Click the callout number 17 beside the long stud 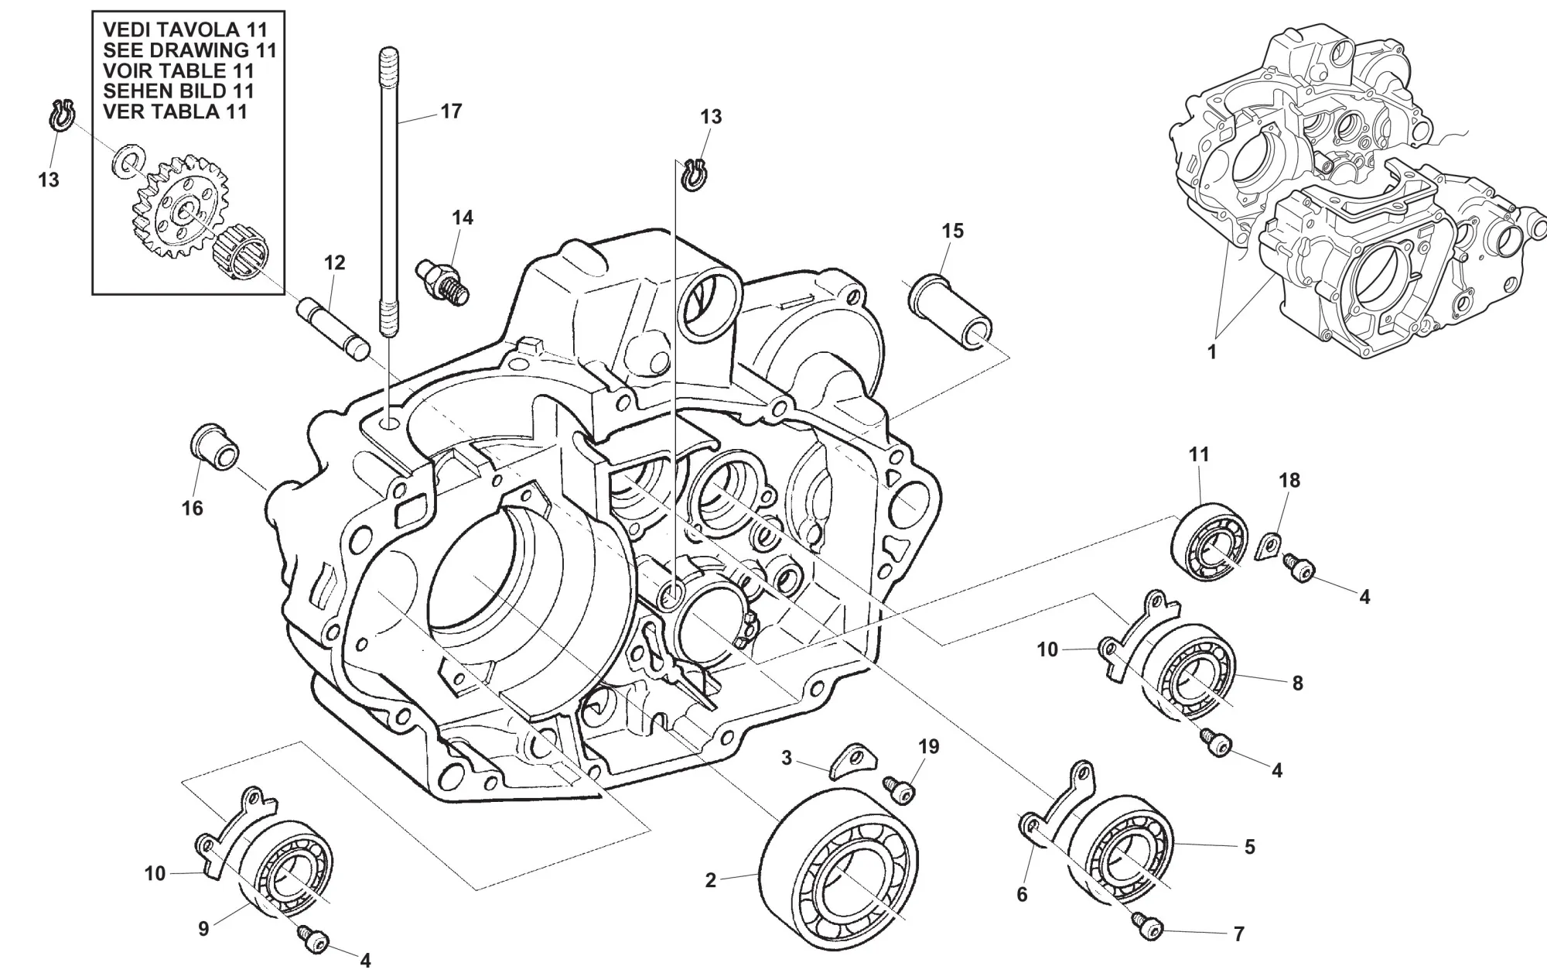[450, 111]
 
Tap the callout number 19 [928, 746]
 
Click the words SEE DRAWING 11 [190, 50]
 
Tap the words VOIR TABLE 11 [179, 70]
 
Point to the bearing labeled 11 [1208, 543]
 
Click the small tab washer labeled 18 [1268, 545]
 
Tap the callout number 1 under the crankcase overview [1212, 352]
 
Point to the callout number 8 [1297, 683]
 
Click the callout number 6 [1022, 895]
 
